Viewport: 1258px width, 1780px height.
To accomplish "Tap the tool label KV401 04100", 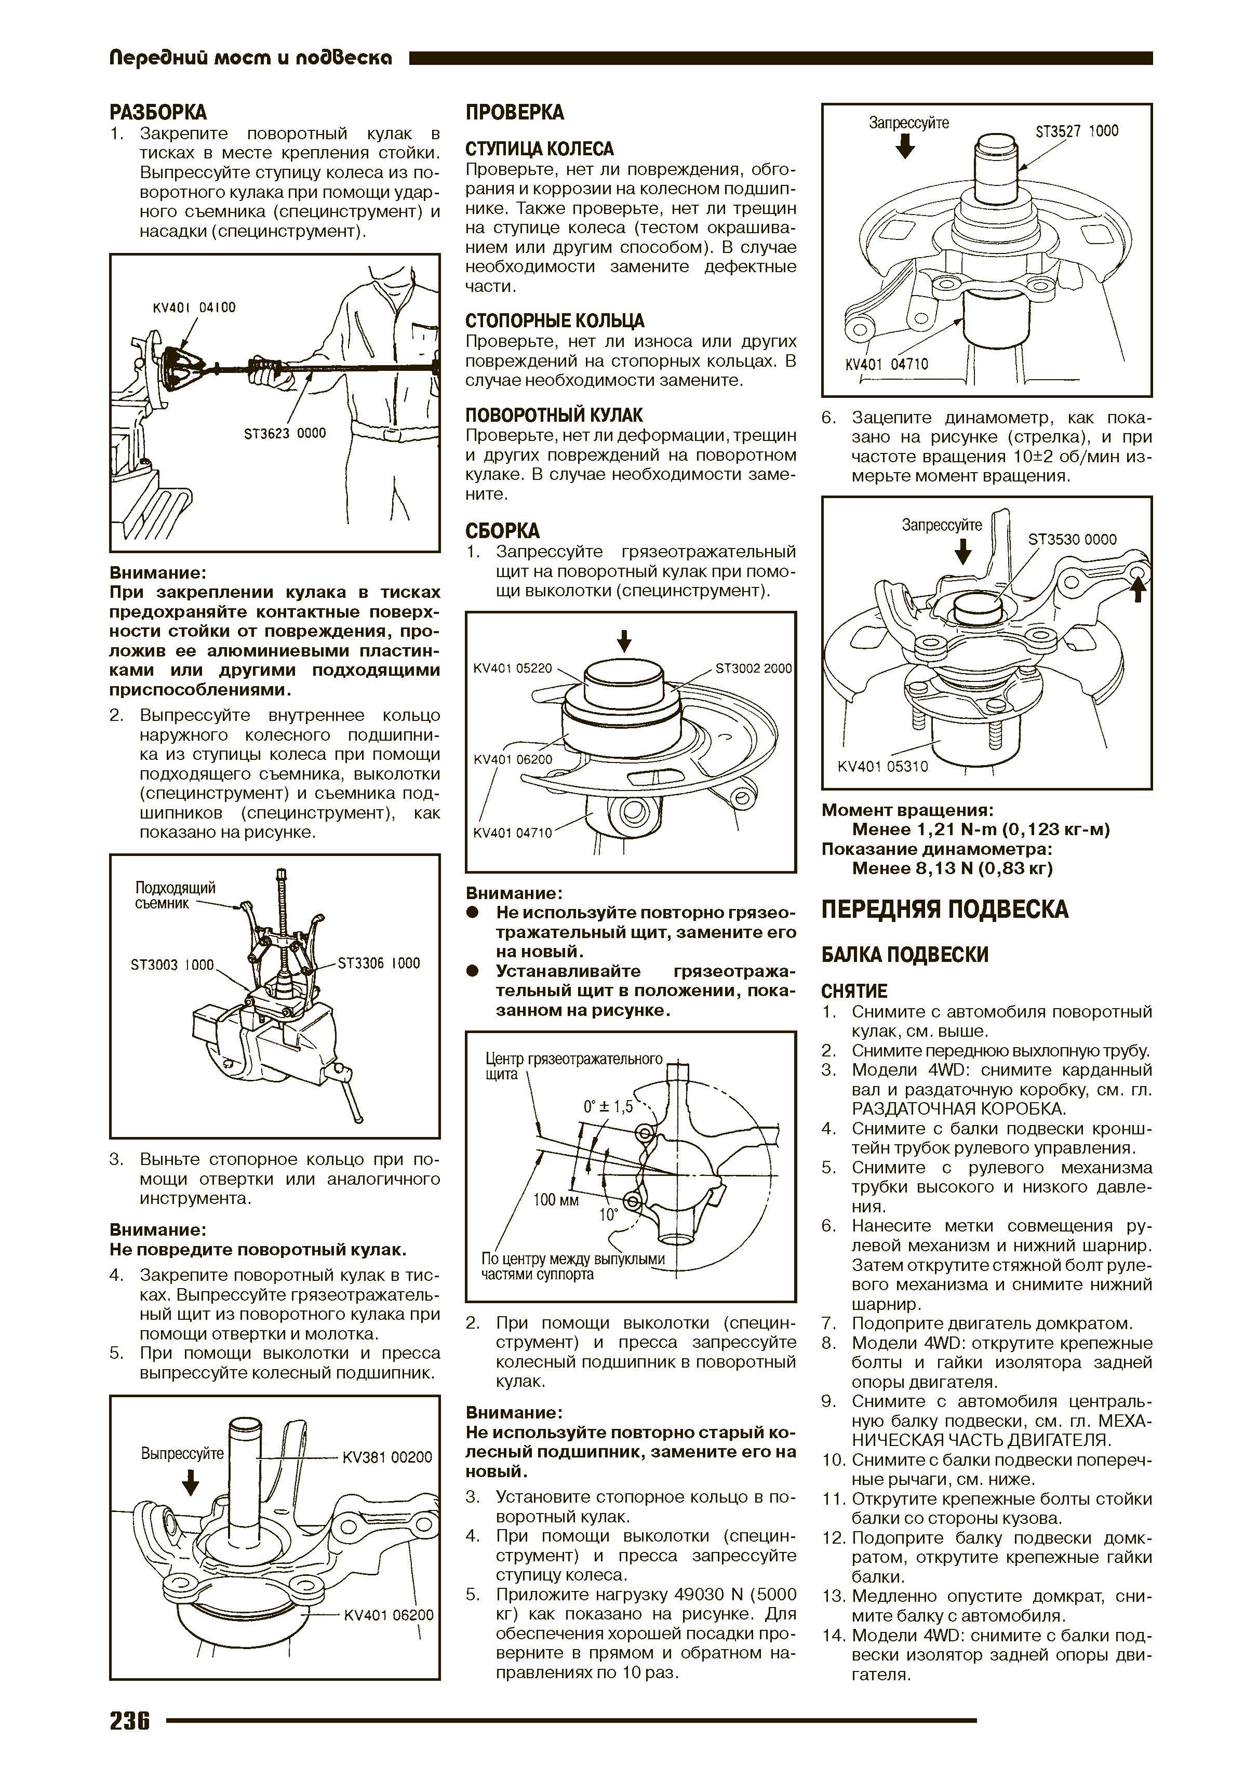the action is pos(195,308).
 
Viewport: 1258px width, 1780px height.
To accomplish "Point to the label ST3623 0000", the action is pos(285,433).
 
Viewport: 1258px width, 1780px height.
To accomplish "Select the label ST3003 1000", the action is pos(172,965).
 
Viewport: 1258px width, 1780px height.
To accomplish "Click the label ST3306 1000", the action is pos(379,963).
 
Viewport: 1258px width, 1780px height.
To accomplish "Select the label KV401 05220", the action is pos(512,668).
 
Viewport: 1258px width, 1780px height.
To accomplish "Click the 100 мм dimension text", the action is pos(556,1201).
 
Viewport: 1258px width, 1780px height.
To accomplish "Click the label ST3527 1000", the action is pos(1077,132).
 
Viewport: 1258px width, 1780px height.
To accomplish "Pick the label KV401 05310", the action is pos(883,767).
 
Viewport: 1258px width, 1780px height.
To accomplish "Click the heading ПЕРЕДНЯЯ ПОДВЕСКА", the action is pos(945,909).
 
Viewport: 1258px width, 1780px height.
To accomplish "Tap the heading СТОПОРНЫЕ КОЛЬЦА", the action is pos(555,321).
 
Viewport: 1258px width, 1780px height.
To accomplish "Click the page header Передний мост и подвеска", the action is pos(250,57).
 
